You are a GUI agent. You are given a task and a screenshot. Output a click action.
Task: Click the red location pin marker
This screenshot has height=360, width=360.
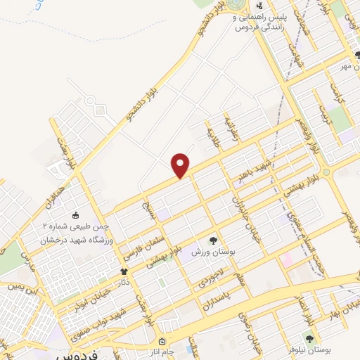pyautogui.click(x=181, y=166)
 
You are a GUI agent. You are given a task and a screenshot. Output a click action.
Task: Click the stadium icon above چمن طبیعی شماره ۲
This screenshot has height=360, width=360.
pyautogui.click(x=77, y=215)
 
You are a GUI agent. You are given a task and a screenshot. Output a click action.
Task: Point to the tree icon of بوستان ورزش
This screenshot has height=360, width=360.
pyautogui.click(x=214, y=240)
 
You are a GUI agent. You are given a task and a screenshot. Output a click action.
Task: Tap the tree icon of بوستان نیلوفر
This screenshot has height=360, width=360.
pyautogui.click(x=309, y=340)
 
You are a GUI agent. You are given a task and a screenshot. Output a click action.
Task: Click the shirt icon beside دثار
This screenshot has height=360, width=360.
pyautogui.click(x=125, y=271)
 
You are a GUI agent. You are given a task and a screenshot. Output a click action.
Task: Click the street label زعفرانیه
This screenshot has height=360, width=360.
pyautogui.click(x=230, y=129)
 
